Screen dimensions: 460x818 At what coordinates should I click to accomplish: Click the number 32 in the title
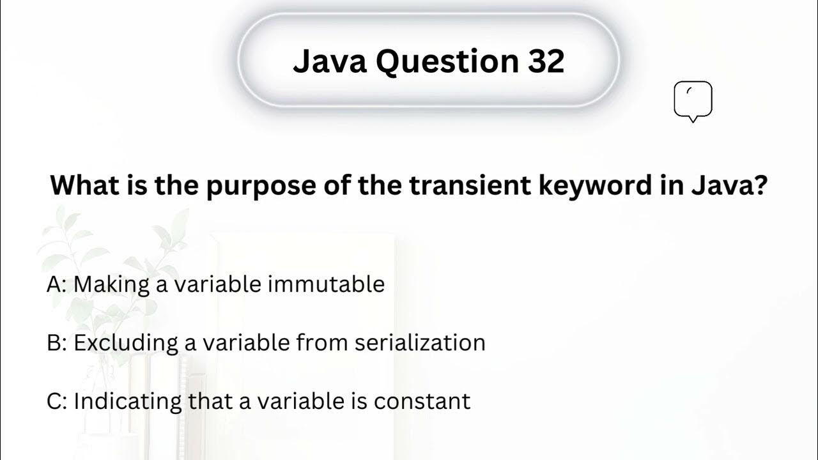[x=546, y=61]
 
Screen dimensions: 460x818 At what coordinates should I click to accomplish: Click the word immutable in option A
[x=326, y=284]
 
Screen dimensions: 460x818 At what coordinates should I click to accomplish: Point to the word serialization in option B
[x=420, y=343]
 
